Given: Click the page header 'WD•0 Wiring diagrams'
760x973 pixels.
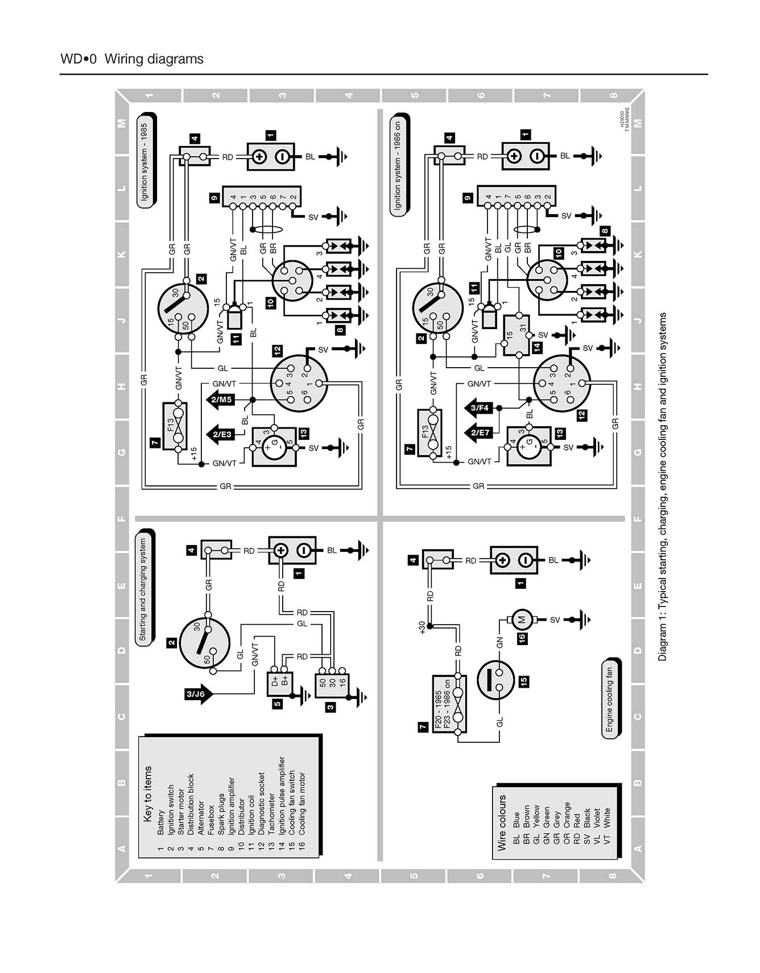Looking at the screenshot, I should [x=131, y=59].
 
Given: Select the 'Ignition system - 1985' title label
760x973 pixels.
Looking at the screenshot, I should [x=145, y=161].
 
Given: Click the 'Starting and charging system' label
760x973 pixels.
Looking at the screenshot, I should [x=143, y=589].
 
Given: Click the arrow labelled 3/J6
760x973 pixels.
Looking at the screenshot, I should [x=199, y=694].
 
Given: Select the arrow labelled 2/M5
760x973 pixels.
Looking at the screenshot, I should [x=220, y=400].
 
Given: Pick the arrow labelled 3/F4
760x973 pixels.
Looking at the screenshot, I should [x=479, y=408].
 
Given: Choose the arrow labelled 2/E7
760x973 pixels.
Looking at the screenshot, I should [x=479, y=433].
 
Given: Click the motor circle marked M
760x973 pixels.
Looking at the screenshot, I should [x=521, y=619].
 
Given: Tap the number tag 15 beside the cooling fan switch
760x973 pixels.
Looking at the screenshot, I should [x=523, y=680].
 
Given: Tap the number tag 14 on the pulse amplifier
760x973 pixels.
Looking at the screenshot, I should [x=537, y=347].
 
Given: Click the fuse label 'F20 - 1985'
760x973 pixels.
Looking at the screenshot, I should [x=439, y=702].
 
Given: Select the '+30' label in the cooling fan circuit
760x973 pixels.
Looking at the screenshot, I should [x=422, y=627].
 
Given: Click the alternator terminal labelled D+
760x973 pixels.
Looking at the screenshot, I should [x=276, y=681].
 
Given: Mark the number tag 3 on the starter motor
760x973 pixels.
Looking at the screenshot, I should [x=330, y=707].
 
